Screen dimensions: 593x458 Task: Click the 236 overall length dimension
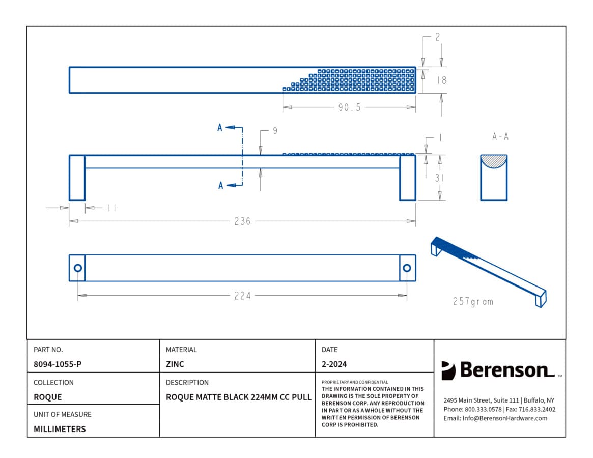(242, 221)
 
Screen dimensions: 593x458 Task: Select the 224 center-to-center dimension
(242, 295)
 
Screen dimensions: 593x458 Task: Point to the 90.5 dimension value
(350, 107)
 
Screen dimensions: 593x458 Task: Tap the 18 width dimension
(441, 80)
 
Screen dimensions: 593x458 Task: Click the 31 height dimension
(439, 178)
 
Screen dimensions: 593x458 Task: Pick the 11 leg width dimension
(112, 208)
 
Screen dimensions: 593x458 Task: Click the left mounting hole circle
(78, 268)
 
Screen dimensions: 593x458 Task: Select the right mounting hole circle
(407, 268)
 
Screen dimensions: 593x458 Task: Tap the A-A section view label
(500, 136)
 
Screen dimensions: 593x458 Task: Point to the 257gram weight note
(473, 301)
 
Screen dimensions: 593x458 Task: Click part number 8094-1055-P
(58, 364)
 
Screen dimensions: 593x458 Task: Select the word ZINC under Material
(175, 364)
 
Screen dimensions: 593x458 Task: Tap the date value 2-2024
(334, 364)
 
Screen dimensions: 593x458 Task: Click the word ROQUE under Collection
(48, 397)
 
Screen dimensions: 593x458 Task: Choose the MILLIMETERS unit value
(60, 429)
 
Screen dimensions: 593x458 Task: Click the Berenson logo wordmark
(507, 370)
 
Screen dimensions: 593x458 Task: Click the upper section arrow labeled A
(230, 127)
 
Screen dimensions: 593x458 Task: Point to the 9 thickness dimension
(275, 130)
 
